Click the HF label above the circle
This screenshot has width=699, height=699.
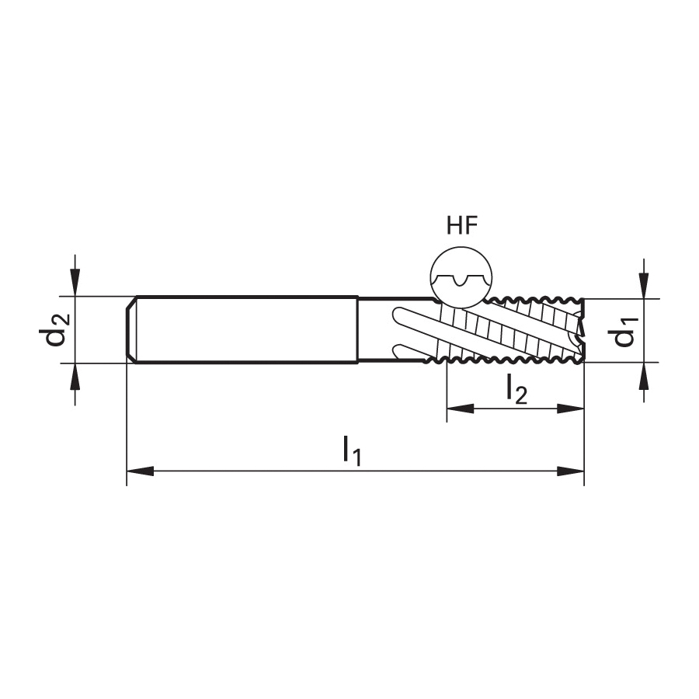(462, 225)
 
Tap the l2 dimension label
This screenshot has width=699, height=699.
(516, 389)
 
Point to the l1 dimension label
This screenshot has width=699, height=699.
(352, 450)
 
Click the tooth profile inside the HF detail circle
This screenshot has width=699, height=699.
(461, 280)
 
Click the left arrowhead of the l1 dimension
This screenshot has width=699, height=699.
(140, 471)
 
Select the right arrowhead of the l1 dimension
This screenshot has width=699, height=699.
(571, 471)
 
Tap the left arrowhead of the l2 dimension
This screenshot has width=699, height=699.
(460, 409)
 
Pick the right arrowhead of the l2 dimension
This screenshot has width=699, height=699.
(571, 409)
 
